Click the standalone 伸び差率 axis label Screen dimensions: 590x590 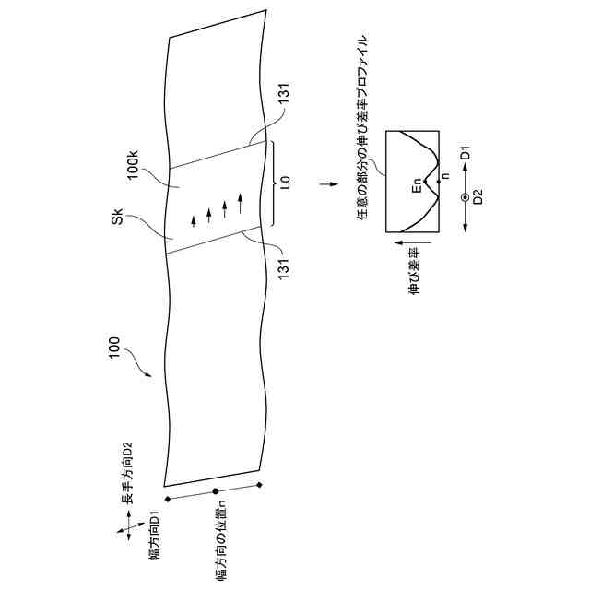pos(414,269)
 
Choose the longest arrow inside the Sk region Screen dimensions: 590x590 pos(241,198)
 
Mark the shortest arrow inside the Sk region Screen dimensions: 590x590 pos(194,220)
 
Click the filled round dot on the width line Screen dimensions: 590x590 pos(215,492)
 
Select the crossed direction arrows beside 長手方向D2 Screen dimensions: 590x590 pos(124,529)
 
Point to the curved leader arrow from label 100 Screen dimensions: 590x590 pos(136,366)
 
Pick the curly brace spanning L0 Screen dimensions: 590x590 pos(274,183)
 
